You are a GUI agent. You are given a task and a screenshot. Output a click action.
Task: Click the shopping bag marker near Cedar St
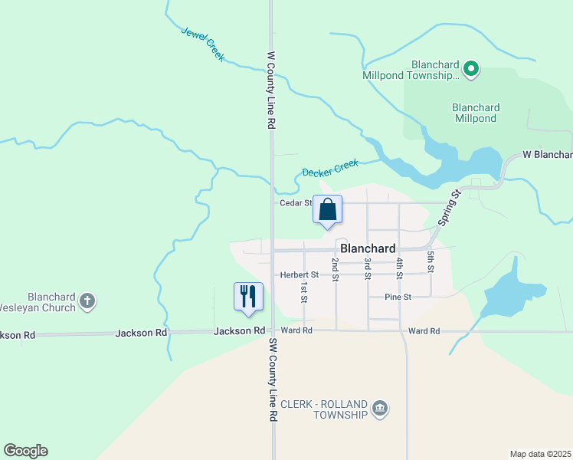pos(327,209)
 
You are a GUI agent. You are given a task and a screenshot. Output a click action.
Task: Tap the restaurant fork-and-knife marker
pos(248,296)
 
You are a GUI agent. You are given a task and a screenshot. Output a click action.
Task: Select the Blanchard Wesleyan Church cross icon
pos(87,301)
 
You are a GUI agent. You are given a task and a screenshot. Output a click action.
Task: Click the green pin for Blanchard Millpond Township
pos(472,71)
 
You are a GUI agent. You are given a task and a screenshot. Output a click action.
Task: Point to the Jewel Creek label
pos(203,44)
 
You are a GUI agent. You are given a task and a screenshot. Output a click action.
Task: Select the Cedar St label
pos(295,203)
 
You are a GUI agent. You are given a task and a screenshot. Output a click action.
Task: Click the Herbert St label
pos(299,274)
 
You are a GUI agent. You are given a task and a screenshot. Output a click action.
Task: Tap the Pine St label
pos(398,297)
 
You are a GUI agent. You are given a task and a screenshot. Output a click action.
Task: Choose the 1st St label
pos(304,291)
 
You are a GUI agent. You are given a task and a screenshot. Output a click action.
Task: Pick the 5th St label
pos(431,261)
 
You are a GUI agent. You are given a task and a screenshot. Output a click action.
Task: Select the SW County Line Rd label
pos(271,379)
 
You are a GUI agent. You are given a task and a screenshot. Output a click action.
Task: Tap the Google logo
pos(25,451)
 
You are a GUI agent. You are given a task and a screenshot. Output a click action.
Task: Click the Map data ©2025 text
pos(541,454)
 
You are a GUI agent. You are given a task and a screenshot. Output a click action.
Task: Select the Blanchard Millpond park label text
pos(476,113)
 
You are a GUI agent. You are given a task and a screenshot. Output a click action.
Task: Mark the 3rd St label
pos(368,268)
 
